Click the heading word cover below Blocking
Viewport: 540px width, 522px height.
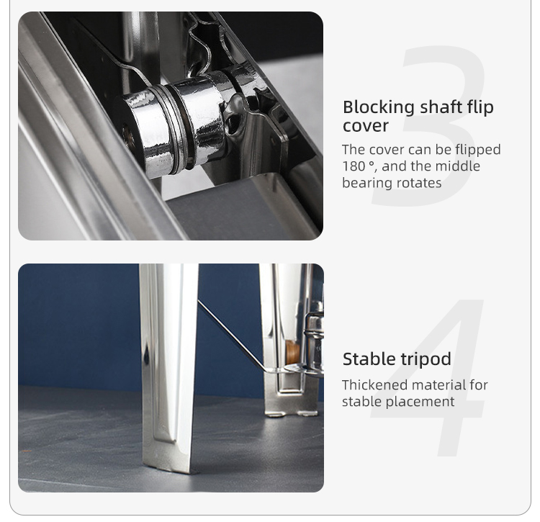click(x=365, y=126)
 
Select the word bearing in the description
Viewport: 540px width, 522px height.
click(x=366, y=183)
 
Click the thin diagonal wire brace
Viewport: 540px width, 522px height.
click(x=230, y=334)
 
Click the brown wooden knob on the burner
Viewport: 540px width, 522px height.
click(x=292, y=352)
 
